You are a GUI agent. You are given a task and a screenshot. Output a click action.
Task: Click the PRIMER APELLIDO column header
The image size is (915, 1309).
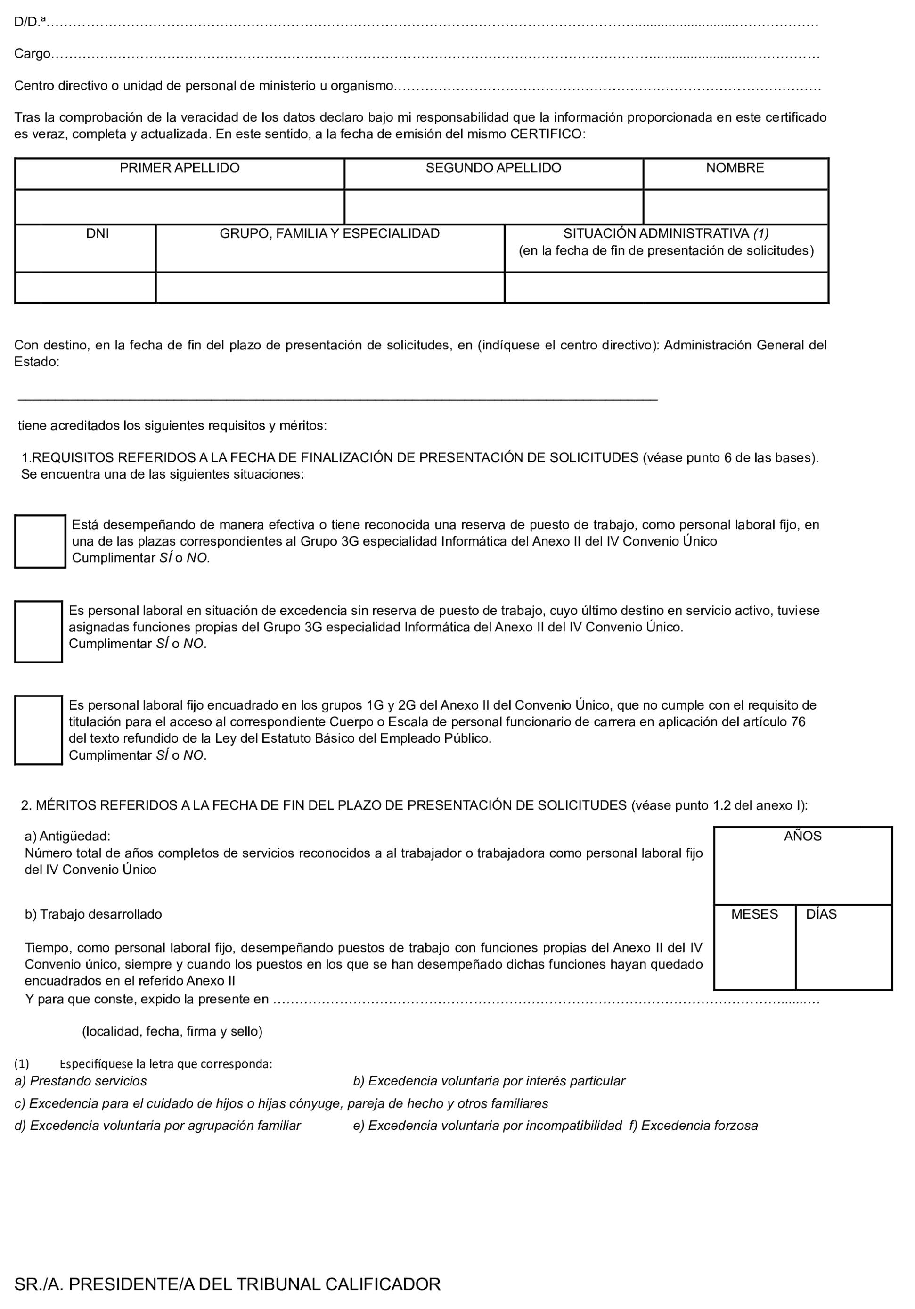click(180, 168)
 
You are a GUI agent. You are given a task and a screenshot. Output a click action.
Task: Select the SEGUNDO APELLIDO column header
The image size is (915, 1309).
click(493, 168)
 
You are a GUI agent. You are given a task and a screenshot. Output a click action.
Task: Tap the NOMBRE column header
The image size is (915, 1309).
click(735, 168)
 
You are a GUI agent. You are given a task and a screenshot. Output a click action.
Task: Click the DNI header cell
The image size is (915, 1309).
click(98, 234)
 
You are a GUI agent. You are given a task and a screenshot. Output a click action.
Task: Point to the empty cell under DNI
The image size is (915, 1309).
click(85, 288)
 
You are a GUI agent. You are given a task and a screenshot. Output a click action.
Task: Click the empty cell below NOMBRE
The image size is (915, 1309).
click(735, 207)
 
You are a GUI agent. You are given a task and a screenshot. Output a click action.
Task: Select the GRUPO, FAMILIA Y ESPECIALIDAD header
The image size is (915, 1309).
click(329, 234)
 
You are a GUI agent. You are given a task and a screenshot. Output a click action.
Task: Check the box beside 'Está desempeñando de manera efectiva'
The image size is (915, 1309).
click(40, 542)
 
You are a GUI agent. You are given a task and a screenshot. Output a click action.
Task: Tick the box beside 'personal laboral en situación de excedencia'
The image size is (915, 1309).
click(38, 632)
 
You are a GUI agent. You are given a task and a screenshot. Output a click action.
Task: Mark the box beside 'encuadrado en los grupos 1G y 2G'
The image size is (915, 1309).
click(38, 730)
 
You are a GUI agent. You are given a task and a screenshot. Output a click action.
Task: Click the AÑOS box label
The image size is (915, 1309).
click(802, 837)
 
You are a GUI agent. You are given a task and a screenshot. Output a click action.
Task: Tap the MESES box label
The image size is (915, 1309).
click(754, 914)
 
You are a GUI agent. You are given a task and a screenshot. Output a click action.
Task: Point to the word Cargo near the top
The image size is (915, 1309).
click(33, 54)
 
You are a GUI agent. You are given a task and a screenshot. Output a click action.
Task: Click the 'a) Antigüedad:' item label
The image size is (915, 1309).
click(67, 837)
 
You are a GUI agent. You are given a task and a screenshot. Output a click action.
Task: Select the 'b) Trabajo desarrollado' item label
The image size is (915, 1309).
click(93, 914)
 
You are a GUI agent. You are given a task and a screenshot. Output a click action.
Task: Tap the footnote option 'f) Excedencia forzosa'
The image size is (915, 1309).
click(694, 1126)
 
